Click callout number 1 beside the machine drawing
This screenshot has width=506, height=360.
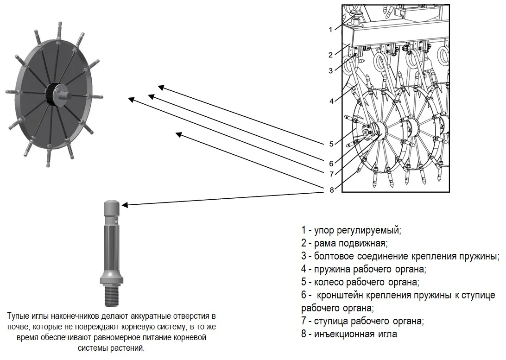coord(330,30)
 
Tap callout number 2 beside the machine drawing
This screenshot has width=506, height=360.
coord(330,55)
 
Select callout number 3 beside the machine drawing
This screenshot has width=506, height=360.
coord(331,71)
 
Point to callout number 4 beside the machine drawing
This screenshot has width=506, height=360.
coord(331,101)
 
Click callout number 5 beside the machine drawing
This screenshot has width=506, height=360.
coord(331,144)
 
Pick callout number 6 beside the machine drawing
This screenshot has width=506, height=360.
coord(331,163)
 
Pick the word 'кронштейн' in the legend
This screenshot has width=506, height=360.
coord(344,295)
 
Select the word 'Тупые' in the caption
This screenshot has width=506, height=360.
coord(18,316)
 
